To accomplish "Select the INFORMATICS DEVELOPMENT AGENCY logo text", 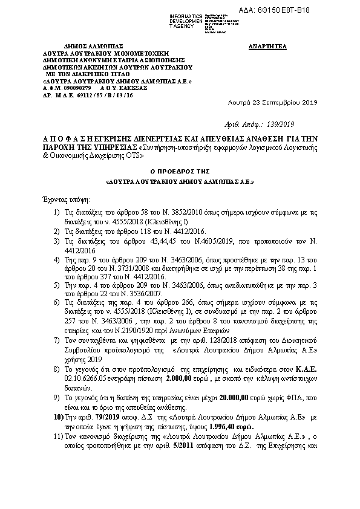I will click(x=186, y=19).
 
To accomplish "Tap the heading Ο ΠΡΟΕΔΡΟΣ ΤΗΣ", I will click(x=180, y=171).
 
